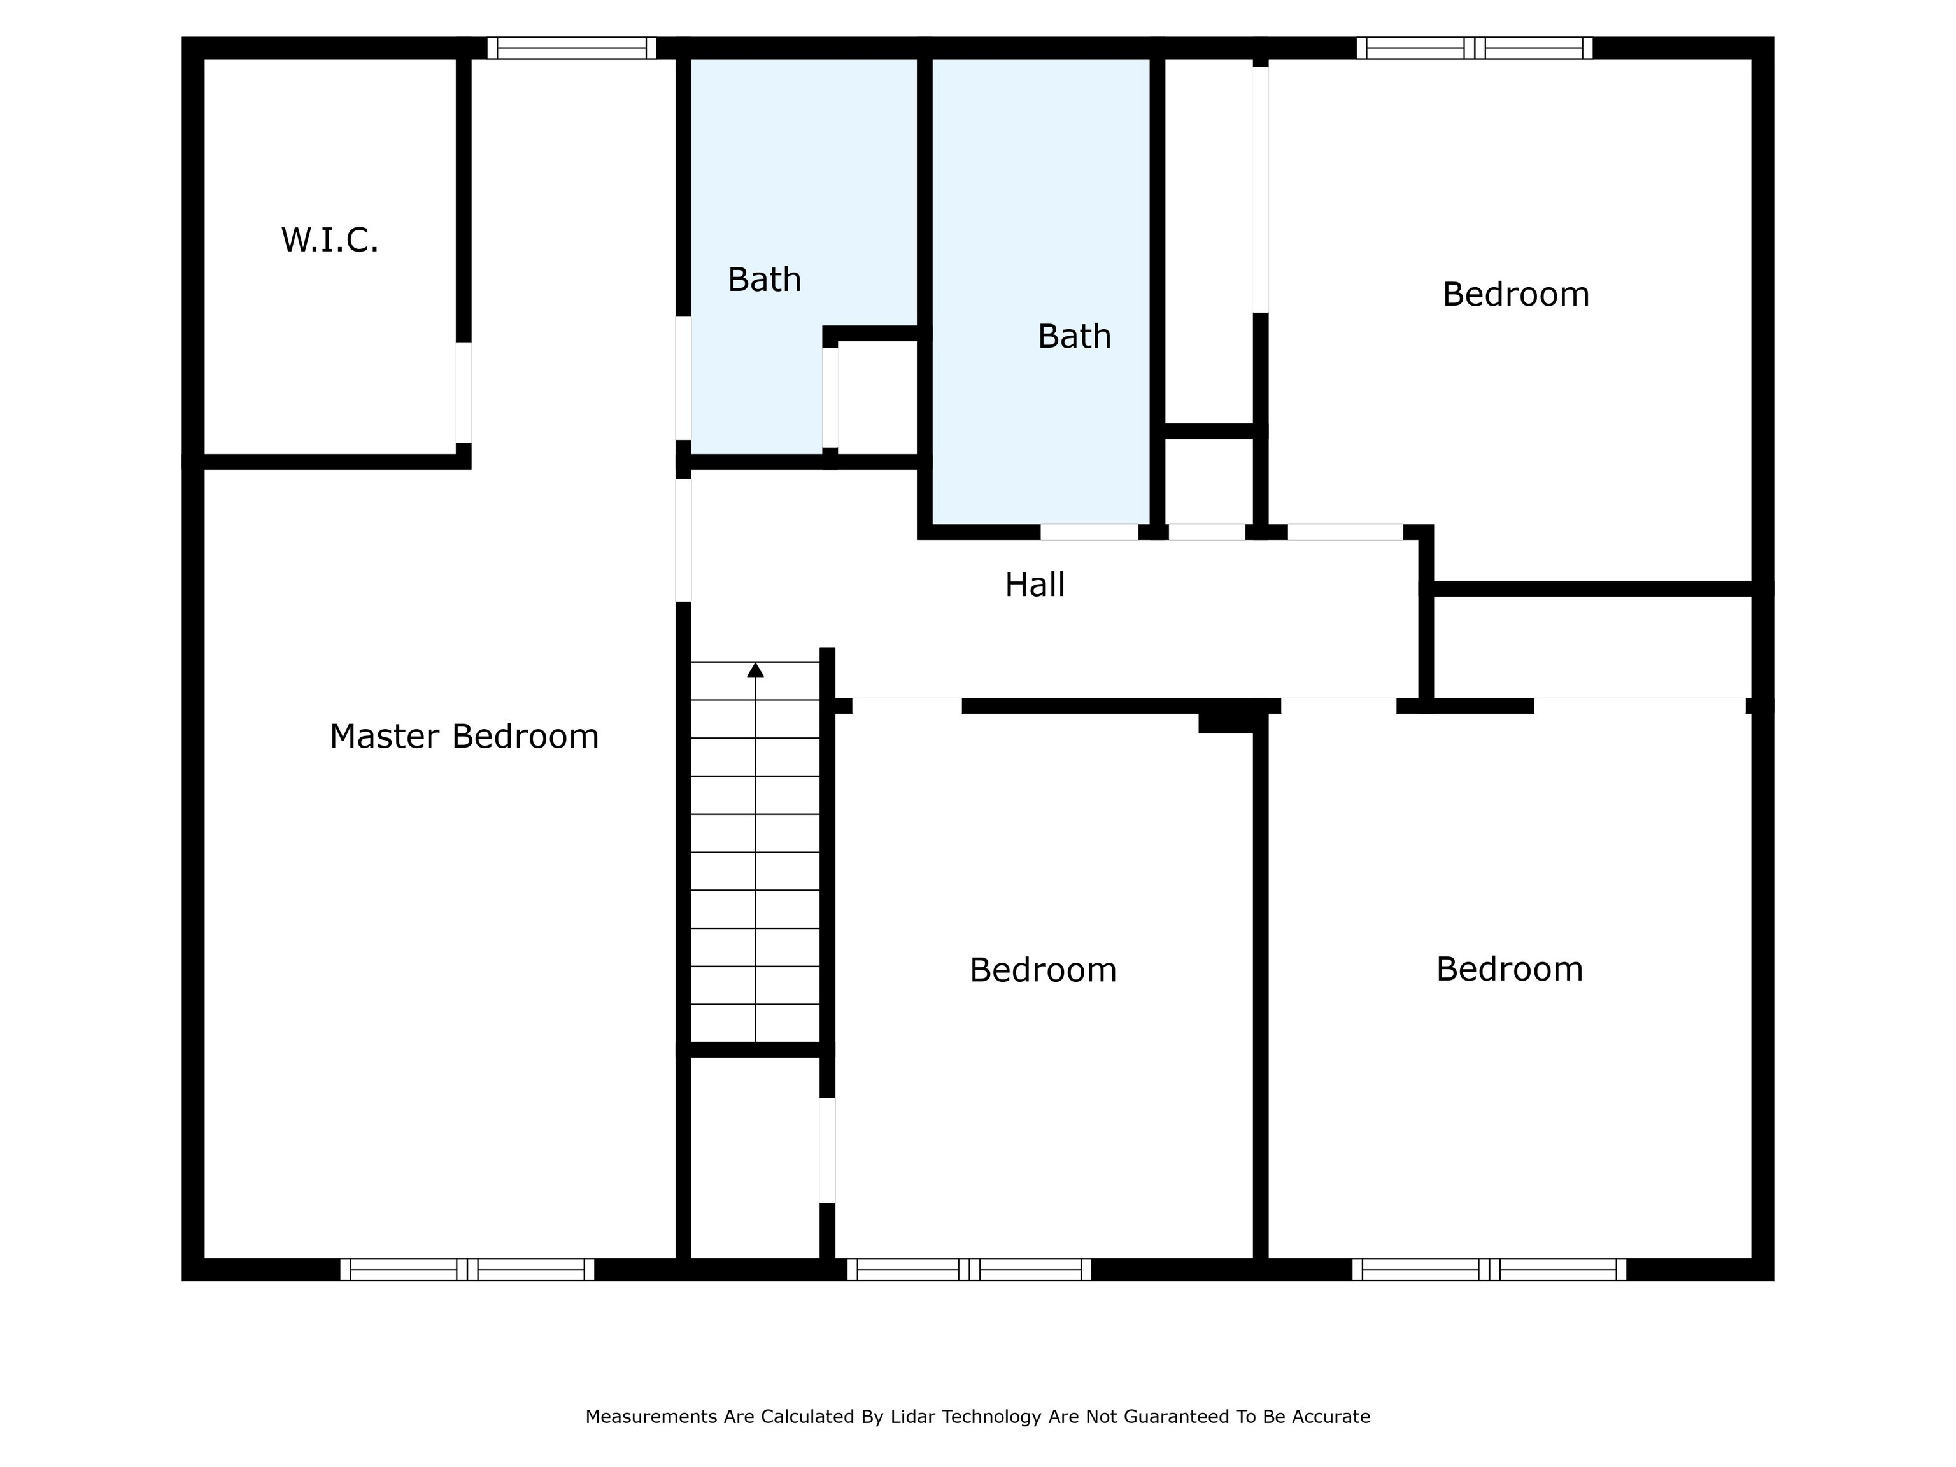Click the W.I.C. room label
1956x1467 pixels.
coord(330,241)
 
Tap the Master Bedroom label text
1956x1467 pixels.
coord(464,737)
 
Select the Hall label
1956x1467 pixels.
coord(1035,585)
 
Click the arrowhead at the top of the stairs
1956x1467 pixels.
coord(755,670)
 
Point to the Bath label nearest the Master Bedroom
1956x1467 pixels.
coord(764,280)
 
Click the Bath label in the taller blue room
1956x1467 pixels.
coord(1074,336)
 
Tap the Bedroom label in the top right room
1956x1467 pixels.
coord(1515,294)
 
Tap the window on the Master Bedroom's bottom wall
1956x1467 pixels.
coord(467,1270)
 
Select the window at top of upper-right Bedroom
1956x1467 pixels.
coord(1474,48)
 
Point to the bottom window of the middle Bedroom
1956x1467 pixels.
coord(969,1270)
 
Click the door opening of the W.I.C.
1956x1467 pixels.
coord(464,393)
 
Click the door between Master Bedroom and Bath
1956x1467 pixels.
coord(684,378)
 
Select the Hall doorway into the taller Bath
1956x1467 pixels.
coord(1089,532)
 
